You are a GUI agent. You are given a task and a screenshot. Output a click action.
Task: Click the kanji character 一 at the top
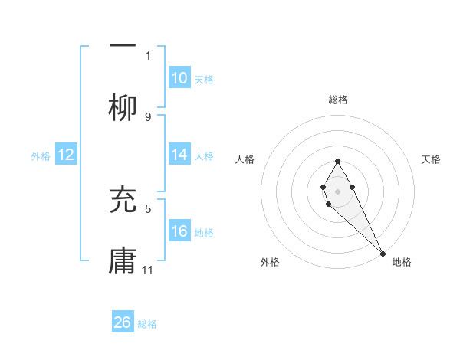(x=123, y=46)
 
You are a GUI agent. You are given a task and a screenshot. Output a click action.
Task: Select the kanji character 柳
(x=123, y=107)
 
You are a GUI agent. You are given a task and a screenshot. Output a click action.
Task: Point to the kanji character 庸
(x=123, y=261)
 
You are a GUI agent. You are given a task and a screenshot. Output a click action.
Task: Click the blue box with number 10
(x=179, y=78)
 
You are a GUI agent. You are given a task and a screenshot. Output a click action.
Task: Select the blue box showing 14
(x=179, y=155)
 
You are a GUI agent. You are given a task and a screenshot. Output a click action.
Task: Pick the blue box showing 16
(x=179, y=231)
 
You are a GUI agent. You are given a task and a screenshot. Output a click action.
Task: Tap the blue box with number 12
(x=66, y=155)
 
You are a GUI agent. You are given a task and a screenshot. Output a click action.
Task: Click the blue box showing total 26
(x=123, y=322)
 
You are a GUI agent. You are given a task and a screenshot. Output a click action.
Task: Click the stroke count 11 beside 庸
(x=148, y=270)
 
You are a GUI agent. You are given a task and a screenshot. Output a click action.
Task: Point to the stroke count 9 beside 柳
(x=148, y=116)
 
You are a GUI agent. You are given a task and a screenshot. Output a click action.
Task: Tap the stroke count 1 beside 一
(x=148, y=55)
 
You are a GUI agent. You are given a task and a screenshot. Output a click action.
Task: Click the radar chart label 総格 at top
(x=338, y=100)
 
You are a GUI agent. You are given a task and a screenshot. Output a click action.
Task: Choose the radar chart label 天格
(x=432, y=159)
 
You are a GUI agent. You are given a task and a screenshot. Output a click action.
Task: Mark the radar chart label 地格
(x=402, y=263)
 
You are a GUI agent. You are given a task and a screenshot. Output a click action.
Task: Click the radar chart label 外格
(x=270, y=263)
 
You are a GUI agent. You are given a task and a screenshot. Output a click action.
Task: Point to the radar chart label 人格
(x=245, y=159)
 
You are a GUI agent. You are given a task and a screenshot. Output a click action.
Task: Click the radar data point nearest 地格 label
(x=383, y=253)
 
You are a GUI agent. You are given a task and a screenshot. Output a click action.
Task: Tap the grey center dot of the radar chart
(x=337, y=190)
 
